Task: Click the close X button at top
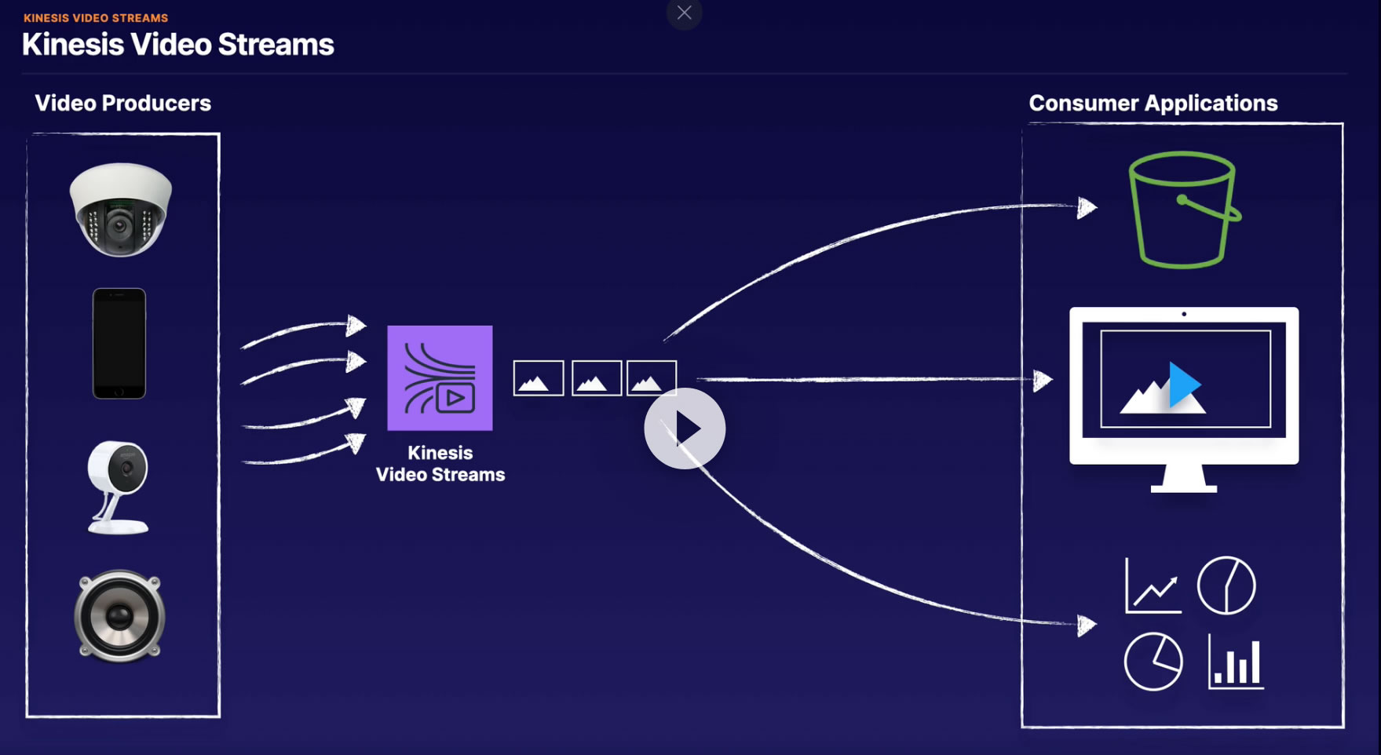(x=684, y=13)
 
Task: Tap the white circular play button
(x=685, y=429)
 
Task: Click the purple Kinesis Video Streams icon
(x=440, y=377)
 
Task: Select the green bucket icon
(x=1184, y=210)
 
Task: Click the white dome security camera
(x=120, y=210)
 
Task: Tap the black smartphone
(x=119, y=344)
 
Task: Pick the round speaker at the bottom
(x=119, y=616)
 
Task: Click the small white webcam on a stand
(x=118, y=487)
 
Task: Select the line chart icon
(x=1153, y=585)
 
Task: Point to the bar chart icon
(x=1236, y=662)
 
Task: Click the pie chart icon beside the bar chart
(x=1153, y=662)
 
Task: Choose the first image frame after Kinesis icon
(x=539, y=378)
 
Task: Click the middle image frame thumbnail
(x=597, y=378)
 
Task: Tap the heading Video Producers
(x=123, y=103)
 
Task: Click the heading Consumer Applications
(x=1153, y=103)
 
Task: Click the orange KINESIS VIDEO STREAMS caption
(x=96, y=17)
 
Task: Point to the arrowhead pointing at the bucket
(x=1087, y=208)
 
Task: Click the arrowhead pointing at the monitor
(x=1043, y=381)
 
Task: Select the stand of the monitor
(x=1184, y=478)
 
